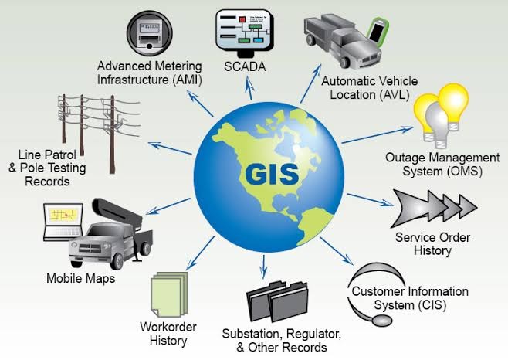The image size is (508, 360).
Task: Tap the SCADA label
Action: point(245,67)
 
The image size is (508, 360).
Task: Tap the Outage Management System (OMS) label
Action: point(437,164)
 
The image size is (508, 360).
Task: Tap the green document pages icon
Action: point(168,294)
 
